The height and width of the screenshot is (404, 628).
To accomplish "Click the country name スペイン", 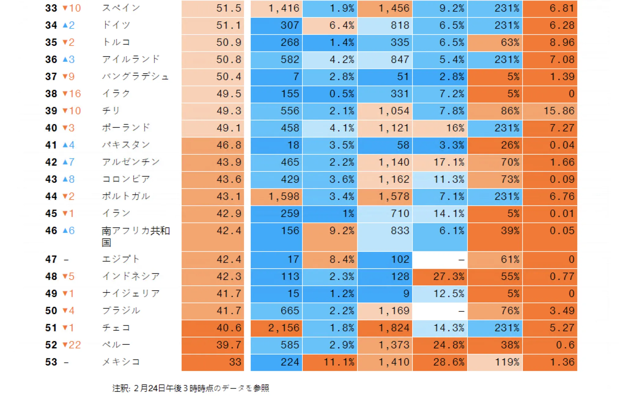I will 121,8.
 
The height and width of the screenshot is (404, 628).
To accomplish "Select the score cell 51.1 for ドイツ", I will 213,25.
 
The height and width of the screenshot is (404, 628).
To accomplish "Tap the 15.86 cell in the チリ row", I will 550,111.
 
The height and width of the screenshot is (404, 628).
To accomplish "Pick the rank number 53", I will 51,362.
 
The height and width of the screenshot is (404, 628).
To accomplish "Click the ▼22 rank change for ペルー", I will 72,345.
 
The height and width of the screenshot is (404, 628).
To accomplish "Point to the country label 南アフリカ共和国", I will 135,236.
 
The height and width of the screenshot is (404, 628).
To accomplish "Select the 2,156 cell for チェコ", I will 276,328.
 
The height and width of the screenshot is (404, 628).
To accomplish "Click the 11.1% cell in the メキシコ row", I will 330,362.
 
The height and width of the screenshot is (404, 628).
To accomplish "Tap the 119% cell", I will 495,362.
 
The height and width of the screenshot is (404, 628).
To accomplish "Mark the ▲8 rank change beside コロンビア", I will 68,179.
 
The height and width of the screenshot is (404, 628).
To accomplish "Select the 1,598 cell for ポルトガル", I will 276,196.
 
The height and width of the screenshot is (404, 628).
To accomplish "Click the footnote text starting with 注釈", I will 190,388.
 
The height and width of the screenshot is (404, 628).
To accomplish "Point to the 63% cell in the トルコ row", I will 495,42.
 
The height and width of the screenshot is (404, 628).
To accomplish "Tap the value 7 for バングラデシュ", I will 276,77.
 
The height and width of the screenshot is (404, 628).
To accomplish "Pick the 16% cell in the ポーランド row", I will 440,128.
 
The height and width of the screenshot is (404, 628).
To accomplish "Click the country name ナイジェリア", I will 131,294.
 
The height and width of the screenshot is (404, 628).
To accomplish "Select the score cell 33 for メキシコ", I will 213,362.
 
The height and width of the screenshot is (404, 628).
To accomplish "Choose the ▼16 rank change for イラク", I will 72,94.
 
